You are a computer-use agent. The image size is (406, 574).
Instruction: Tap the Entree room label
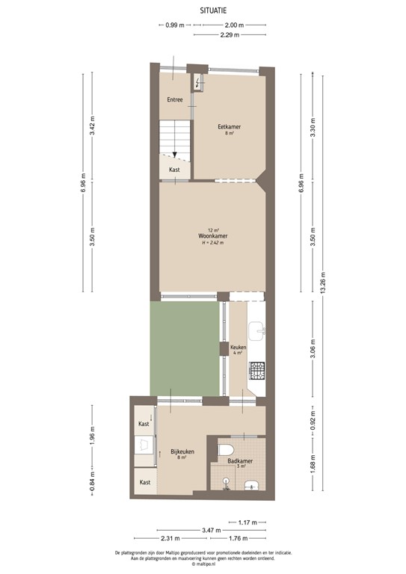click(175, 99)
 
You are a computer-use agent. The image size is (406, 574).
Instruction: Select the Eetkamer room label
click(229, 127)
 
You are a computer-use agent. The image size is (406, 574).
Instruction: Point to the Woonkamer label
click(213, 236)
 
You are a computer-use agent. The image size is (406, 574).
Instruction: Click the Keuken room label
click(239, 348)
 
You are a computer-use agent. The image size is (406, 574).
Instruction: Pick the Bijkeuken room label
click(182, 451)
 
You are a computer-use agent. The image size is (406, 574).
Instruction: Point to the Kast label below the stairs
click(174, 170)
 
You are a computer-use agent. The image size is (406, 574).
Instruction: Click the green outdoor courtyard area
click(185, 348)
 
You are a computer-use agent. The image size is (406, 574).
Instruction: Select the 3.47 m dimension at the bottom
click(212, 530)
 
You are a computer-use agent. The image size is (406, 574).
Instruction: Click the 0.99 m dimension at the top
click(175, 25)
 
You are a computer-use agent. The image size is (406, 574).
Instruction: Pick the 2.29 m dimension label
click(230, 34)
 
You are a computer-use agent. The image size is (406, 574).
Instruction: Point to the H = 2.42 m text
click(214, 243)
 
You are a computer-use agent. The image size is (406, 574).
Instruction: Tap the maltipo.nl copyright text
click(203, 564)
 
